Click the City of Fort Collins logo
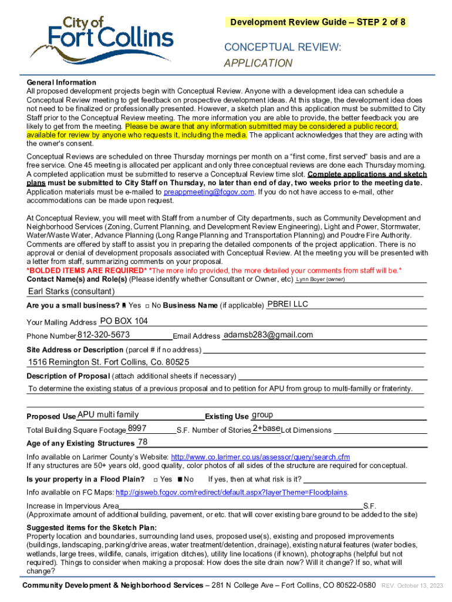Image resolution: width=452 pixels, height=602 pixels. tap(102, 39)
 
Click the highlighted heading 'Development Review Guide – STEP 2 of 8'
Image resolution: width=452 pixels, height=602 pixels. tap(317, 22)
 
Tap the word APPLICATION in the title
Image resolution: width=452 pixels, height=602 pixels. tap(258, 63)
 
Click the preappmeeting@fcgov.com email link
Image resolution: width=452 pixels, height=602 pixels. tap(208, 192)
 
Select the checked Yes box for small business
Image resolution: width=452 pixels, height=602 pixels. tap(124, 306)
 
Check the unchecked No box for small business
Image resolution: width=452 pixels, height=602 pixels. tap(147, 306)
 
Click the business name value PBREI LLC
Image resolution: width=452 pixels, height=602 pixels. tap(288, 304)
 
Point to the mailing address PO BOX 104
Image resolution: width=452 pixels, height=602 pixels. tap(124, 321)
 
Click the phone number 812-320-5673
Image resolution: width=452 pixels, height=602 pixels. tap(103, 335)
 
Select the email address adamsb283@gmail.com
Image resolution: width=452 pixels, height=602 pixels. tap(268, 335)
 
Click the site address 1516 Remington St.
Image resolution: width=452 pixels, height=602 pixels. tap(109, 362)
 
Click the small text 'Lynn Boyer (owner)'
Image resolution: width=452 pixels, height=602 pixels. tap(320, 279)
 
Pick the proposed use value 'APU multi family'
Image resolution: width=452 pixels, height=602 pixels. tap(108, 414)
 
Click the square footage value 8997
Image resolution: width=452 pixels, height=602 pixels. tap(137, 428)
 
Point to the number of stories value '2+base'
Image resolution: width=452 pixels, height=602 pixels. tap(266, 428)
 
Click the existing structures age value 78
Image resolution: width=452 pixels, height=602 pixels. tap(142, 442)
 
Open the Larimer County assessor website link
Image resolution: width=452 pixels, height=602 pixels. tap(260, 457)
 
